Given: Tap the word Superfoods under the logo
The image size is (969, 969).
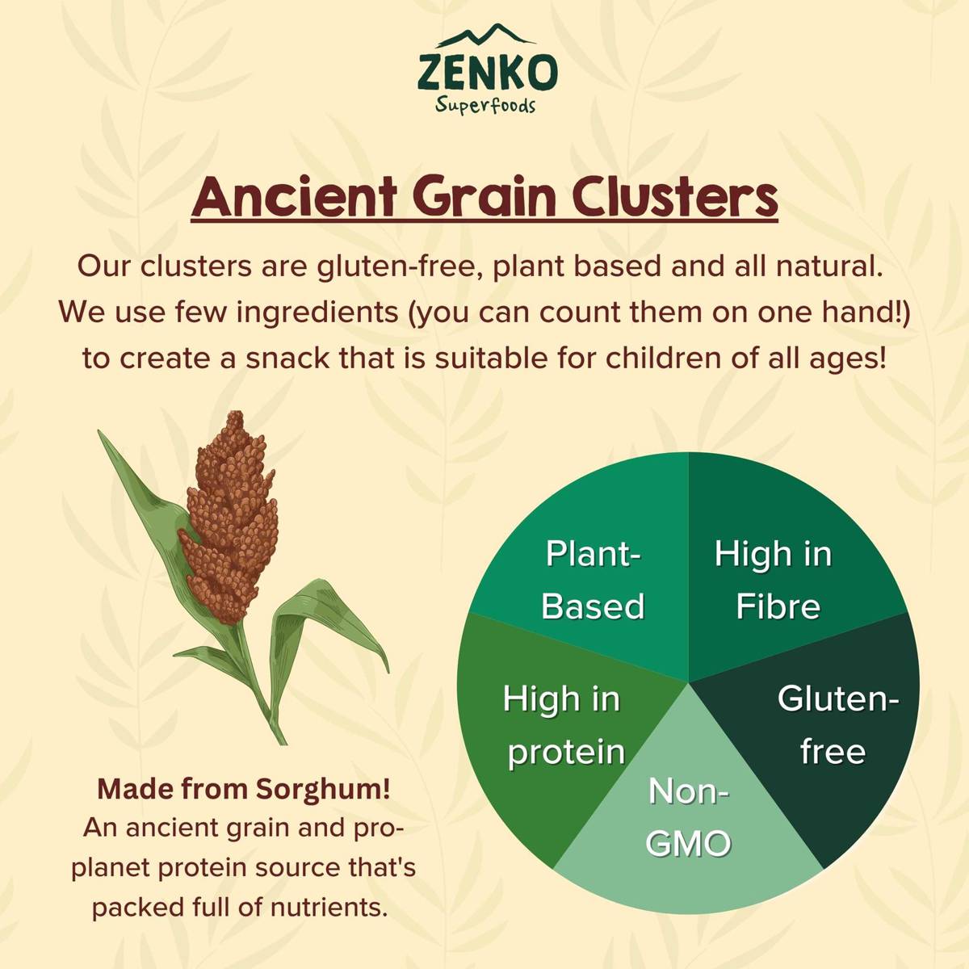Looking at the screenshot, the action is (485, 105).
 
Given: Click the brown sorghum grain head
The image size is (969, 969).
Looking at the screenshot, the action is (229, 518).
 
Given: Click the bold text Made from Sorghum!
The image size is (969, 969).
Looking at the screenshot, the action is (243, 789).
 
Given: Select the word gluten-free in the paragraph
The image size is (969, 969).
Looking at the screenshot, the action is (400, 267).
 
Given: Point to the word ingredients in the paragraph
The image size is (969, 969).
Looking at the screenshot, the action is (317, 313).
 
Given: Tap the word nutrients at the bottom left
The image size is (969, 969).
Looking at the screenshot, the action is (329, 907).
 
